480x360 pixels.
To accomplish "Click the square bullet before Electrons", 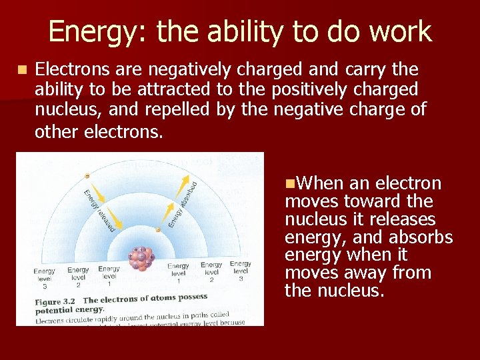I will click(x=23, y=69).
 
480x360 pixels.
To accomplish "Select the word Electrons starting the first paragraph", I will click(x=71, y=69).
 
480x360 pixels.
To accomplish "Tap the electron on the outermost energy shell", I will click(x=87, y=176).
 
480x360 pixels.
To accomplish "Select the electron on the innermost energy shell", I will click(x=158, y=231).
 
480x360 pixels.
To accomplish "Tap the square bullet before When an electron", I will click(x=289, y=183).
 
